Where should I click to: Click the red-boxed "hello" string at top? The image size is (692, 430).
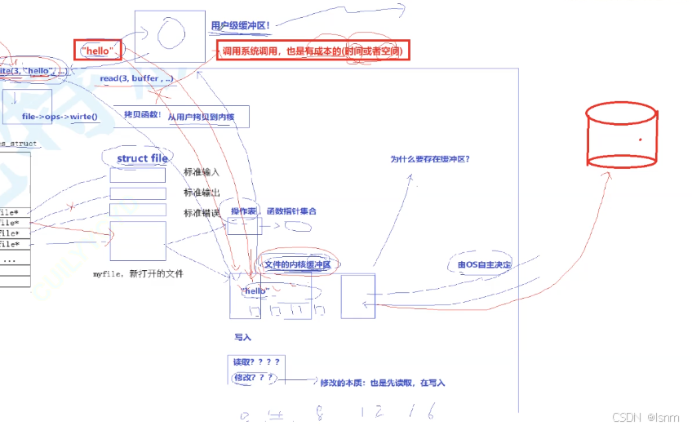click(97, 51)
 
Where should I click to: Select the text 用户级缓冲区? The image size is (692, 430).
click(240, 25)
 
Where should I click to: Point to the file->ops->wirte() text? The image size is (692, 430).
click(60, 117)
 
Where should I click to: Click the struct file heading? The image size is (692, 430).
click(142, 158)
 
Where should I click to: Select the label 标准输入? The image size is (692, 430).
click(202, 172)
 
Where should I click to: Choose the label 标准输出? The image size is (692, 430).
click(202, 193)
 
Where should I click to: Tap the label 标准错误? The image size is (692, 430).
click(202, 213)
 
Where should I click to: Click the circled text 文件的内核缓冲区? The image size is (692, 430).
click(297, 264)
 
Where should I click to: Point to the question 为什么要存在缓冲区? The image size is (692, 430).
click(429, 160)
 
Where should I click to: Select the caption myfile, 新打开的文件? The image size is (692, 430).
click(139, 274)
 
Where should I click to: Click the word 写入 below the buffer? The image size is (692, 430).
click(243, 336)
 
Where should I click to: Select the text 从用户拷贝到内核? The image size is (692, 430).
click(201, 117)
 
